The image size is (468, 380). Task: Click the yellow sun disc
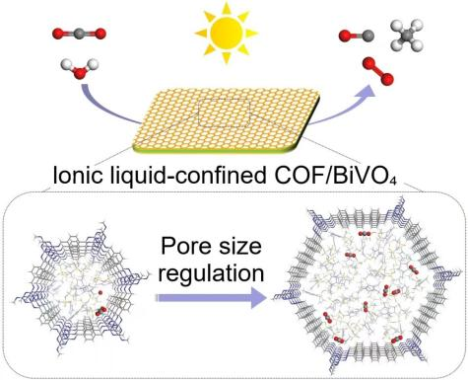click(227, 33)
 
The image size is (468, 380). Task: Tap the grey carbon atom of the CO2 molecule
click(79, 34)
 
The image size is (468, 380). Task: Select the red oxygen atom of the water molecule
click(79, 72)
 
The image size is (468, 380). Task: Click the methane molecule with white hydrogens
click(407, 36)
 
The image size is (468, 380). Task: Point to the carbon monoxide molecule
click(357, 36)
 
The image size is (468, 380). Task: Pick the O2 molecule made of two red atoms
click(378, 70)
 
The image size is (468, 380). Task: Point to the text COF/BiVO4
click(332, 176)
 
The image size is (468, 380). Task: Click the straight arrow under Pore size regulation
click(211, 298)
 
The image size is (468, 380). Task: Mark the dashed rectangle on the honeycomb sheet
click(224, 113)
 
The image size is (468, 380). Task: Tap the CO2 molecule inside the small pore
click(100, 311)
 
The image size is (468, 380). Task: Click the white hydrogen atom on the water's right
click(93, 63)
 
